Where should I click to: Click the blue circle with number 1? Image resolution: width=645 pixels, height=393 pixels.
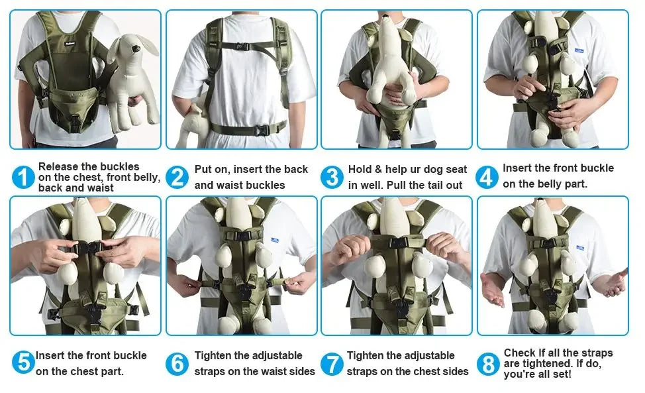coord(23,177)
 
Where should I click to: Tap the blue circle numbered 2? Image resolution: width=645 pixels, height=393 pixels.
coord(177,177)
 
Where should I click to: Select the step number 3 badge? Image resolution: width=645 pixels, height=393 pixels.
coord(332,177)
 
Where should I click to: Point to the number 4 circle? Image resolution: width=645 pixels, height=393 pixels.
coord(487,177)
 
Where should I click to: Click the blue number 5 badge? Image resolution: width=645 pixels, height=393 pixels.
coord(23,363)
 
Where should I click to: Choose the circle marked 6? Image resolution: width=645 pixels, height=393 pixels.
coord(177,364)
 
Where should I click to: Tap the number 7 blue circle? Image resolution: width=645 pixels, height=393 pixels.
coord(332,364)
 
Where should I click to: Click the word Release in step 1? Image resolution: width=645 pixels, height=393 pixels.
coord(58,166)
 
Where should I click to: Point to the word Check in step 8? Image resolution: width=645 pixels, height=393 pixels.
coord(519,353)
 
